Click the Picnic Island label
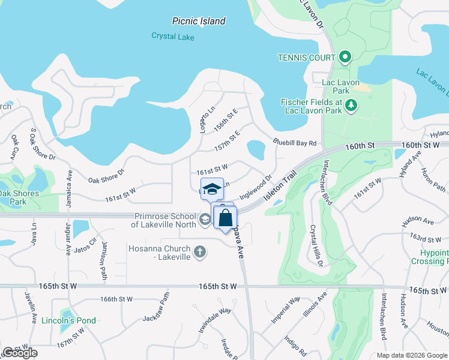point(199,21)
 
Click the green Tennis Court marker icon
point(345,58)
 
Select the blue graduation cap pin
point(212,190)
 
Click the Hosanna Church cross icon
point(200,253)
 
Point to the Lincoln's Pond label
point(68,320)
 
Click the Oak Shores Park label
point(19,197)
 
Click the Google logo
point(20,353)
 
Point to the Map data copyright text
point(411,355)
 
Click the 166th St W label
point(116,299)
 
